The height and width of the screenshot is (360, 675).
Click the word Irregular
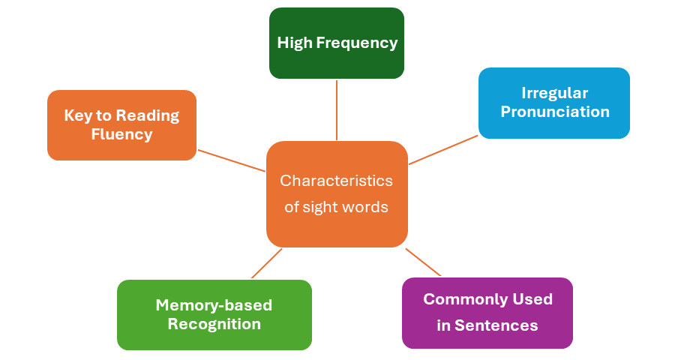(555, 93)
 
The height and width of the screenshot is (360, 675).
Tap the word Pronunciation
(555, 112)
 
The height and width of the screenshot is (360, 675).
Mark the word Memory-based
(214, 305)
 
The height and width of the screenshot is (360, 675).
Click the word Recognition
(214, 324)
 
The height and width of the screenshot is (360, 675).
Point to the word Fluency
(121, 134)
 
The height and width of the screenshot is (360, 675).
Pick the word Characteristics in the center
(336, 181)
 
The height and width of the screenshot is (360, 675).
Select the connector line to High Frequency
(337, 109)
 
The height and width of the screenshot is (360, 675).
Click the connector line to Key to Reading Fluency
(231, 160)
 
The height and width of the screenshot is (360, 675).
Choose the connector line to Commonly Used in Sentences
(423, 262)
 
